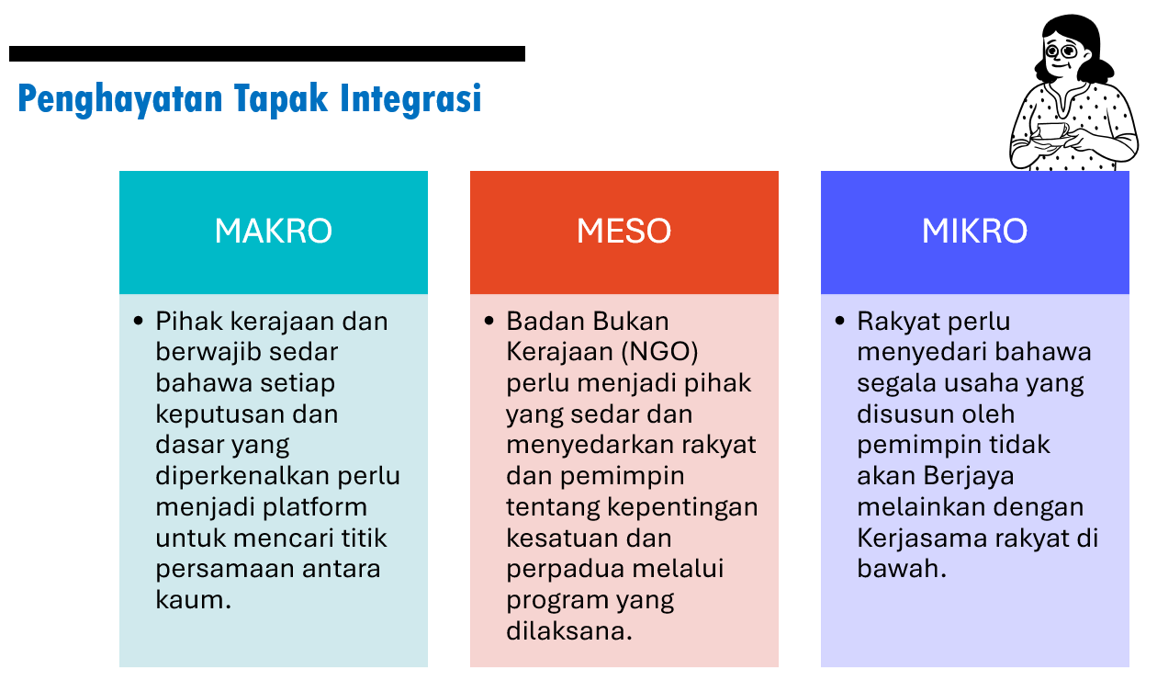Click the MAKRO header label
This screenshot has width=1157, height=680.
point(273,231)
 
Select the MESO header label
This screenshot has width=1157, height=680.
point(623,231)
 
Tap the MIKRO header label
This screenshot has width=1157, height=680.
point(974,231)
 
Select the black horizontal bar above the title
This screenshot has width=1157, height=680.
point(266,54)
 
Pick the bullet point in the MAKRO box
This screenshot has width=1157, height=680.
point(139,322)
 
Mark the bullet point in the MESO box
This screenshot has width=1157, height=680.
point(489,322)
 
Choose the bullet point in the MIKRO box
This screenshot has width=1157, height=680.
point(840,322)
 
